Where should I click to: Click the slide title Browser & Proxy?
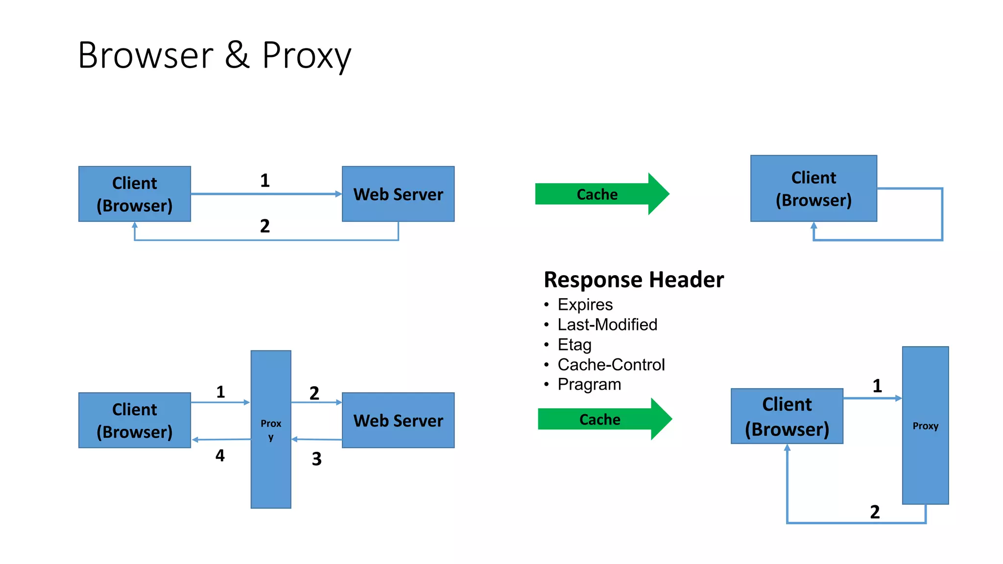[x=215, y=55]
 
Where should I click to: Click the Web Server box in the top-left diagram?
[x=398, y=194]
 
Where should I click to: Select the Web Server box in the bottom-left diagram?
[x=398, y=420]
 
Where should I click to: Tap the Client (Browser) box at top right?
[x=813, y=188]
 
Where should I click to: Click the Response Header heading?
[x=634, y=280]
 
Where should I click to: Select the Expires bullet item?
[x=585, y=305]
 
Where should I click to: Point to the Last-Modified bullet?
[x=607, y=325]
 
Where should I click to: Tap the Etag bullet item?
[x=574, y=345]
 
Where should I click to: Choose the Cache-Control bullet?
[x=611, y=365]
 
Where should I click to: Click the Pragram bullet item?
[x=589, y=384]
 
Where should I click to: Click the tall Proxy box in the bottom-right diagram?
[x=925, y=425]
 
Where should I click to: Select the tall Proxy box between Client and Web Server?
[x=271, y=429]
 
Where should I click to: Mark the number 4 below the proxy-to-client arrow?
[x=220, y=456]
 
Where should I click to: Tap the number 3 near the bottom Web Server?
[x=316, y=459]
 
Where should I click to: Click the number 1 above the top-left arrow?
[x=264, y=181]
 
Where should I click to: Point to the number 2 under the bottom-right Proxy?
[x=875, y=512]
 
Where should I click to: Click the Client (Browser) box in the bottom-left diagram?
[x=134, y=420]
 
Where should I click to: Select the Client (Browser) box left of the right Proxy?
[x=787, y=416]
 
